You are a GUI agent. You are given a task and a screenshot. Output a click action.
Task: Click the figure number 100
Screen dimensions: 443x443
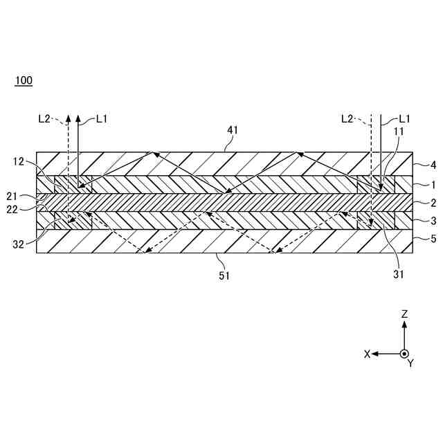click(24, 80)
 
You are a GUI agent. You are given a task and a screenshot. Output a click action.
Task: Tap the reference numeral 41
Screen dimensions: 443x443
click(233, 129)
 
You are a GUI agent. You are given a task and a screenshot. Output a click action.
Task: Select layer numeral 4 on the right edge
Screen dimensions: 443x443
click(433, 165)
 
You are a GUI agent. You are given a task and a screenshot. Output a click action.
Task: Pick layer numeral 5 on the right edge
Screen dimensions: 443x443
click(433, 239)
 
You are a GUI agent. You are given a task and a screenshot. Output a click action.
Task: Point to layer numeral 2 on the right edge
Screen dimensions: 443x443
click(433, 203)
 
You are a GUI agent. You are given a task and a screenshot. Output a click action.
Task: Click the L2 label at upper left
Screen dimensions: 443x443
click(44, 118)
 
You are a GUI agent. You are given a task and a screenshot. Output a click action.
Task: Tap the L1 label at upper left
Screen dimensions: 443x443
click(102, 118)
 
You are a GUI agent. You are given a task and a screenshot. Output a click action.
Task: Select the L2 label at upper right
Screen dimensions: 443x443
click(348, 118)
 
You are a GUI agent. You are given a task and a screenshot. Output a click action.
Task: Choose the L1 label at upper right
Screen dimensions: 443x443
click(405, 118)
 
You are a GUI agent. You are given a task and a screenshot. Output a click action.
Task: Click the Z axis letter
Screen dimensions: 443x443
click(405, 314)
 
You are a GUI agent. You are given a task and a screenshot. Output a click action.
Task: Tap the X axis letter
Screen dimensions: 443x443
click(368, 354)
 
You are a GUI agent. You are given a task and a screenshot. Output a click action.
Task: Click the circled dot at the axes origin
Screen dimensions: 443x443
click(405, 354)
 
